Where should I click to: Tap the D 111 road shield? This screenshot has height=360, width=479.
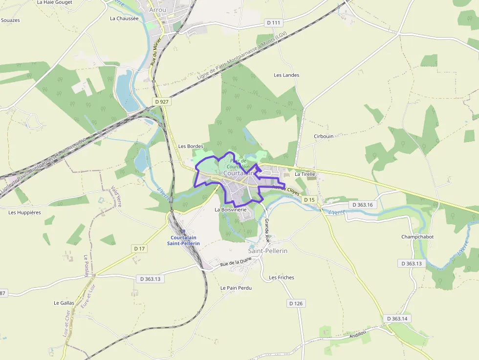(x=275, y=22)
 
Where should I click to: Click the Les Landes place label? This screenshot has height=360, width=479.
(x=286, y=75)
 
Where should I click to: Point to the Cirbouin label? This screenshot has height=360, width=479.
(x=324, y=136)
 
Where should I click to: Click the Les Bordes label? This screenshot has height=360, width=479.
(x=191, y=146)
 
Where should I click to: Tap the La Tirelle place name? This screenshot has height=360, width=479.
(x=305, y=174)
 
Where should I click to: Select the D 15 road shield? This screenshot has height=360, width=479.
(x=309, y=200)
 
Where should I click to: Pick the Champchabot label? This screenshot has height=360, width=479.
(x=417, y=237)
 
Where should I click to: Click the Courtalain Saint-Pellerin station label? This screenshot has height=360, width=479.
(x=183, y=240)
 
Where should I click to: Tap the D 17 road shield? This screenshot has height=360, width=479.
(x=140, y=249)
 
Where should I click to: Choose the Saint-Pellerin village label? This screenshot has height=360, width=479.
(x=268, y=251)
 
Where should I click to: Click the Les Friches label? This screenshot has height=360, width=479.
(x=282, y=277)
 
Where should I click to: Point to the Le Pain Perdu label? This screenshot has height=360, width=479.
(x=236, y=288)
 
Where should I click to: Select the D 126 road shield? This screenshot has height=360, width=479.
(x=296, y=303)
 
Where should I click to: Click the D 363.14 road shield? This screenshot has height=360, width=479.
(x=397, y=318)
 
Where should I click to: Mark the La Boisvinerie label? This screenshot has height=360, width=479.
(x=231, y=210)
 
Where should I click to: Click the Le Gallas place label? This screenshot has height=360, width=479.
(x=64, y=303)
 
